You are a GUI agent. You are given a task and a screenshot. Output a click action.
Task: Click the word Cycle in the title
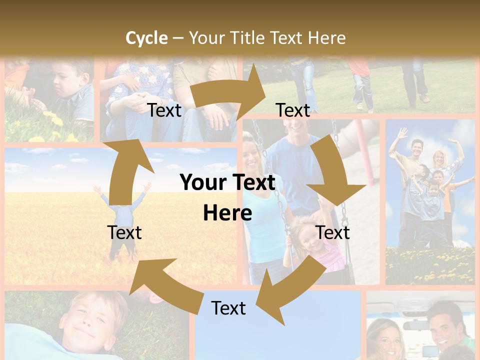(146, 38)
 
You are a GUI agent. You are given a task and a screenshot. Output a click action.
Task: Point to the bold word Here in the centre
(227, 213)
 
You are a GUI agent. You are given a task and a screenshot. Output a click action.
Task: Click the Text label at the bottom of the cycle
(228, 308)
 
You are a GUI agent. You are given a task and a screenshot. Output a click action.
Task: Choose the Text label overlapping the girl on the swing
(333, 232)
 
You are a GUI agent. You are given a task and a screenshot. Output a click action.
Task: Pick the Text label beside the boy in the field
(124, 232)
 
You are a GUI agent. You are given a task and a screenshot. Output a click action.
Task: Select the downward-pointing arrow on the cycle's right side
(332, 172)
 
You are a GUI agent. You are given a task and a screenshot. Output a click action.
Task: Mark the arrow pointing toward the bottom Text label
(290, 285)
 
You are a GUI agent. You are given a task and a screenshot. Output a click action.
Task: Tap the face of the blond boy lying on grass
(90, 320)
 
